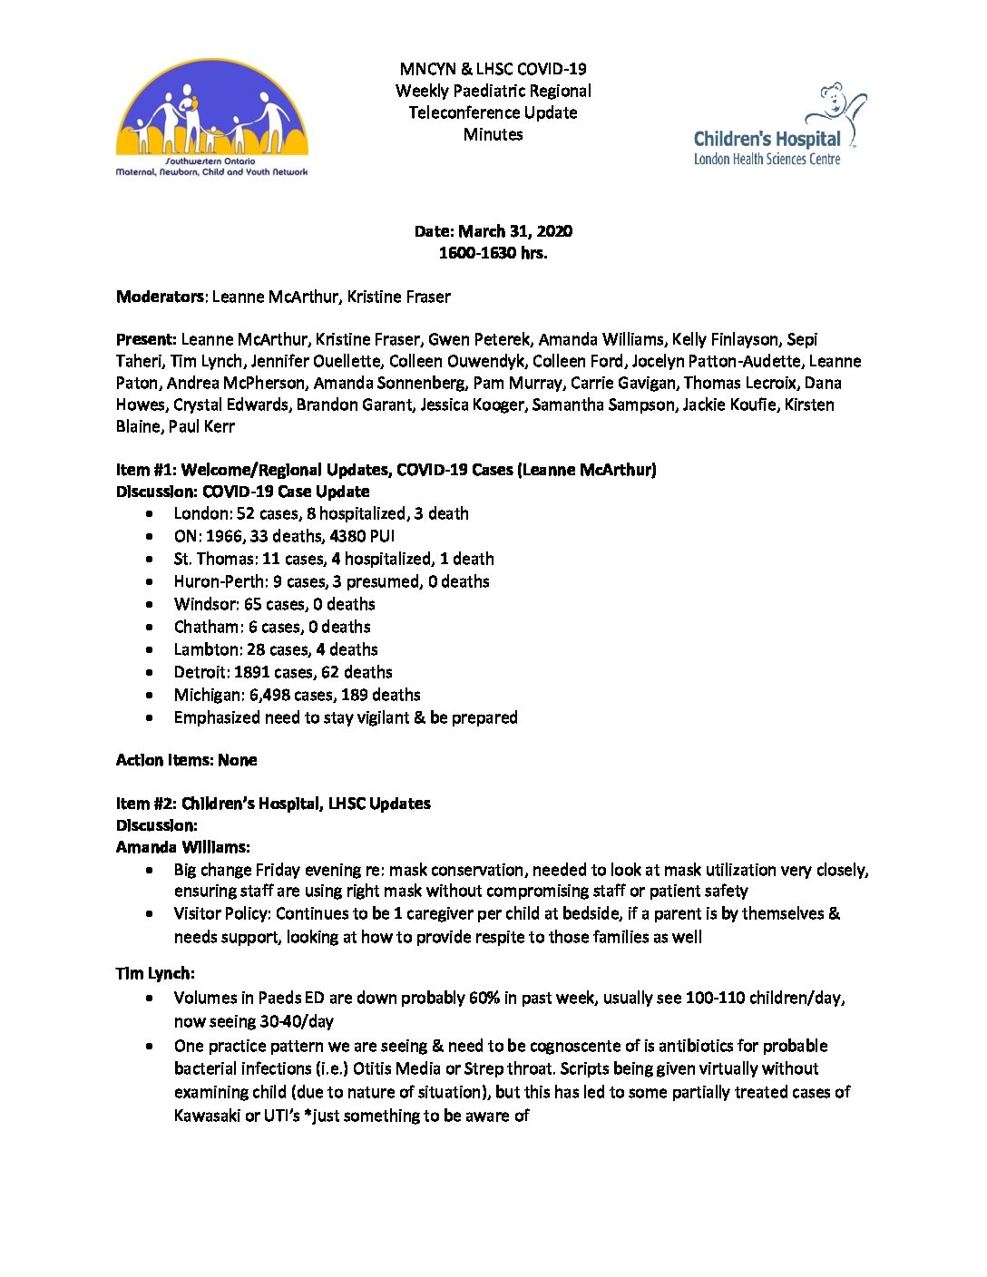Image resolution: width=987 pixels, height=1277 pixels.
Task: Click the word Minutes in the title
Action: click(493, 134)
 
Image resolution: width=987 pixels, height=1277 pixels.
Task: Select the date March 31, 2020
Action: click(514, 231)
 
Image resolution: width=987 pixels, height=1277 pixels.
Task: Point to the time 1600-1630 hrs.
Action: click(493, 253)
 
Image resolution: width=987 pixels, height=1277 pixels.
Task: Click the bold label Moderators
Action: click(161, 297)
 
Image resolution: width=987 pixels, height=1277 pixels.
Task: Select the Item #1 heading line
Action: click(386, 470)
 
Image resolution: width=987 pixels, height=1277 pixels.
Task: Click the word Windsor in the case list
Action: click(204, 604)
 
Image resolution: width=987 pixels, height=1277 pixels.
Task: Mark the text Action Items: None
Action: click(186, 760)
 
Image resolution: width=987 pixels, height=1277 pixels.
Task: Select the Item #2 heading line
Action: click(273, 804)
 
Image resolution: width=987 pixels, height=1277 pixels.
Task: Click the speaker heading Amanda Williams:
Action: click(182, 847)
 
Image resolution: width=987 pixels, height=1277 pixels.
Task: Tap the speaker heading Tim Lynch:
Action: click(155, 973)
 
